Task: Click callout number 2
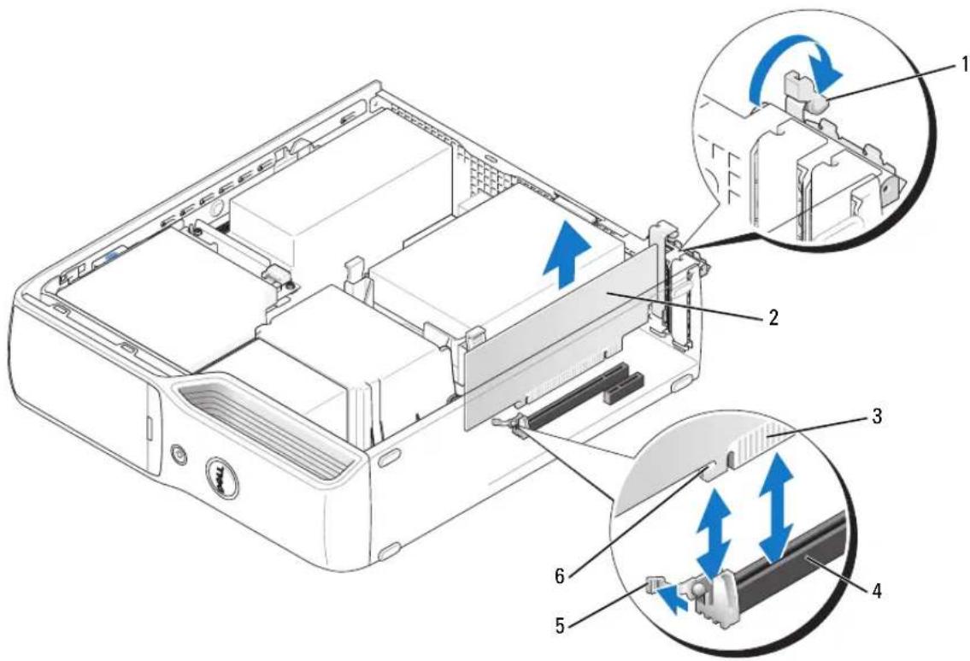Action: tap(773, 318)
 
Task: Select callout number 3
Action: tap(876, 416)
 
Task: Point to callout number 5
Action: tap(561, 626)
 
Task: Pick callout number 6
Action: tap(561, 576)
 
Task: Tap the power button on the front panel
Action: tap(179, 456)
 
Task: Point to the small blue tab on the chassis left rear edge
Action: tap(114, 254)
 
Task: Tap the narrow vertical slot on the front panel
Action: tap(150, 425)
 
